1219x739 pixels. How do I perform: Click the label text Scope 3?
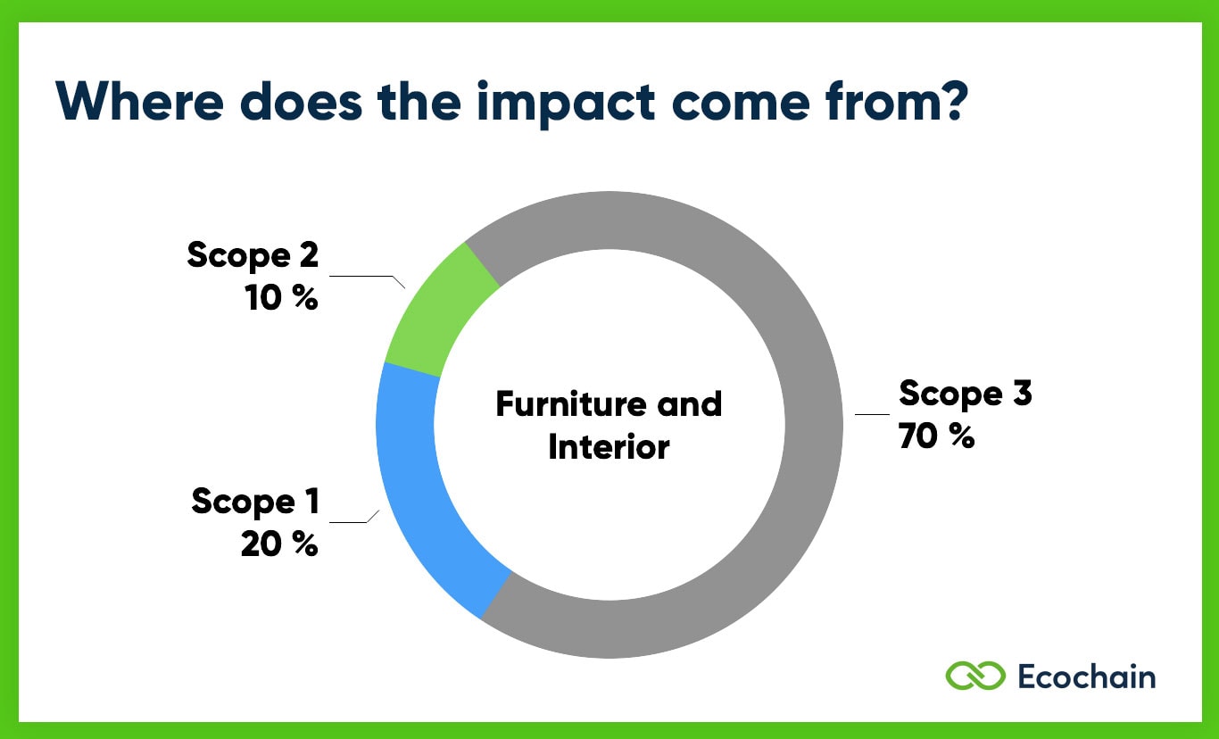pyautogui.click(x=965, y=394)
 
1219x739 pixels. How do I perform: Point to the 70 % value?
pyautogui.click(x=936, y=436)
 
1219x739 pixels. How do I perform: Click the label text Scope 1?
pyautogui.click(x=254, y=502)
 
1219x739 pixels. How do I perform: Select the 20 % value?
pyautogui.click(x=278, y=544)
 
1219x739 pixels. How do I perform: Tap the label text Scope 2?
pyautogui.click(x=253, y=255)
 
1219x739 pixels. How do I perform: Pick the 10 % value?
pyautogui.click(x=281, y=298)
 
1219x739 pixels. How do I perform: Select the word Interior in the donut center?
pyautogui.click(x=609, y=446)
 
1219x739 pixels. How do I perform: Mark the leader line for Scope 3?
pyautogui.click(x=872, y=414)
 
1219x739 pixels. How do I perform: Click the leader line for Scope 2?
pyautogui.click(x=366, y=277)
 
